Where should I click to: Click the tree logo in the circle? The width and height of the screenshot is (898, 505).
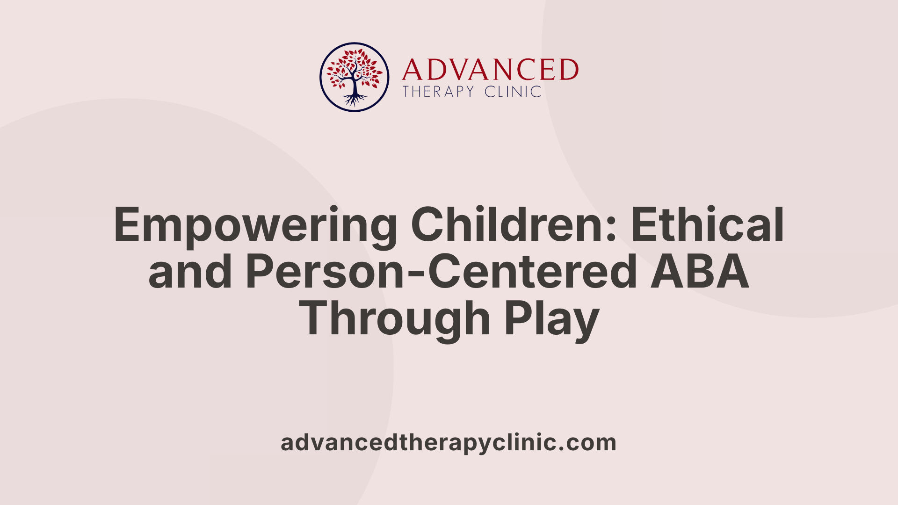click(354, 77)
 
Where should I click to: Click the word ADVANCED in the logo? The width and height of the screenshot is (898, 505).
click(490, 70)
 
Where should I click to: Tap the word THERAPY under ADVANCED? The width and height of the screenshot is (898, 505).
click(438, 92)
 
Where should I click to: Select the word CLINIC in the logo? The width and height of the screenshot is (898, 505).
click(513, 92)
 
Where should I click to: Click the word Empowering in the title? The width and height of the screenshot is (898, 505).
click(255, 226)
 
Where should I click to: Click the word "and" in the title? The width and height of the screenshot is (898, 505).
click(190, 272)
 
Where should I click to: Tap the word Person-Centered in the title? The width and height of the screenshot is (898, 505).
click(442, 272)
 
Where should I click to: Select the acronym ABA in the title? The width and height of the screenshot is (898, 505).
click(700, 272)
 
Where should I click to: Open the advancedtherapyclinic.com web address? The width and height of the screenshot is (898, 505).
click(448, 442)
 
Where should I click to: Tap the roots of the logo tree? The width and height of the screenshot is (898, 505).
click(355, 99)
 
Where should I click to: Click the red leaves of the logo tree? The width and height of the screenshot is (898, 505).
click(355, 65)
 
